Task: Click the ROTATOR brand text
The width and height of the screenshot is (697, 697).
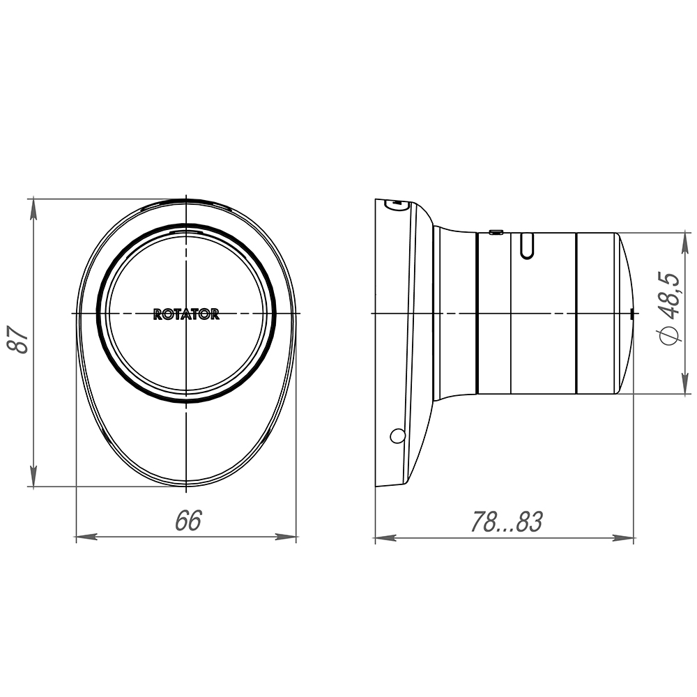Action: (186, 314)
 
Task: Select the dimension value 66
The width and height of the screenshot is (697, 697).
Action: (188, 520)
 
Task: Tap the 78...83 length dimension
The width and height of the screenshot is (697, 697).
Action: (507, 521)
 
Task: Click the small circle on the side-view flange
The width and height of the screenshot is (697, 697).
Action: (397, 436)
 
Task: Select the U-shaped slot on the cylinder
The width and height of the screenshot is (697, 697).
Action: (527, 246)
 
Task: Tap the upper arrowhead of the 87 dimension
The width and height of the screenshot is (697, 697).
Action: (33, 209)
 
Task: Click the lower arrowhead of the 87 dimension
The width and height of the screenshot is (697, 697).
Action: (33, 476)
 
